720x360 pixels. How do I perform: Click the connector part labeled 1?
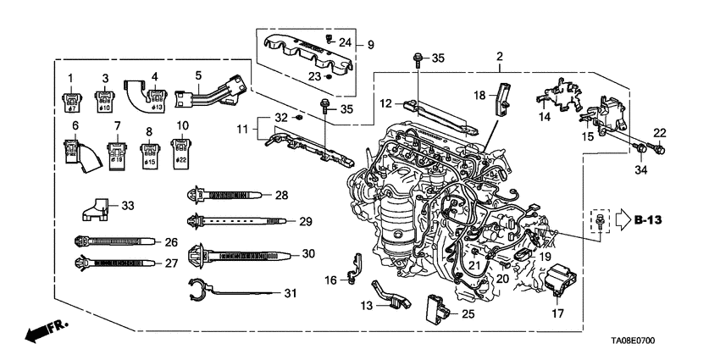pos(71,104)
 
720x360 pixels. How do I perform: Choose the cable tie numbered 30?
pos(246,254)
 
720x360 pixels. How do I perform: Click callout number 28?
pos(281,196)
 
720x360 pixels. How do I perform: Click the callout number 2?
pos(500,57)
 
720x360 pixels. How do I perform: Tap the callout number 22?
pos(660,131)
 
